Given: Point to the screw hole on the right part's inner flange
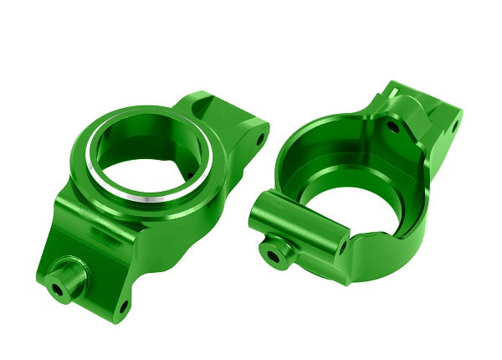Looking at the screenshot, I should coord(392,127).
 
